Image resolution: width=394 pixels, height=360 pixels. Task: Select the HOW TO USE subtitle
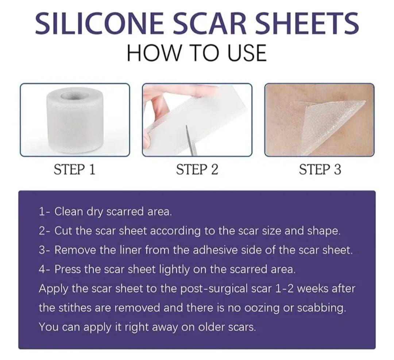coord(197,53)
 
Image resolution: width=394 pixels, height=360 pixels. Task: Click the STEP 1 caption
coord(75,169)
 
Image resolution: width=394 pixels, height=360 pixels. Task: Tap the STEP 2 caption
coord(197,169)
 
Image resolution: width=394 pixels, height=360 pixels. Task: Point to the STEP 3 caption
coord(320,169)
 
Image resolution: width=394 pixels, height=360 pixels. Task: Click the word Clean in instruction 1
coord(69,212)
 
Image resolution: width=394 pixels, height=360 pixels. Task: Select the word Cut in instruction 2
coord(63,231)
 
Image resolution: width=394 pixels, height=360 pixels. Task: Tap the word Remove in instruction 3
coord(75,250)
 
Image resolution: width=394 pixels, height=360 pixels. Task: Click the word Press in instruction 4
coord(67,269)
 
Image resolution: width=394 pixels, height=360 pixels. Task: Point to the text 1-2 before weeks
coord(285,289)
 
